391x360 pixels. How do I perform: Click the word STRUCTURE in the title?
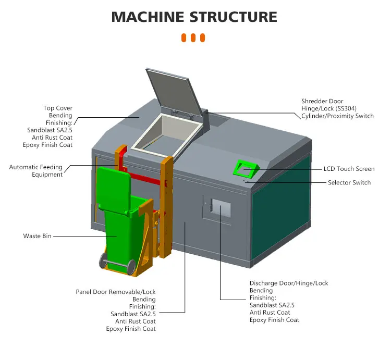(233, 17)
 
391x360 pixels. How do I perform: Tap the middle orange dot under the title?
(193, 38)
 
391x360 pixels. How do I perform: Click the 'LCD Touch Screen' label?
(349, 169)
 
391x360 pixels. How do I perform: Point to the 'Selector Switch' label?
(349, 182)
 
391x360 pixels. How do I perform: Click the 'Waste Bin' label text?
(36, 236)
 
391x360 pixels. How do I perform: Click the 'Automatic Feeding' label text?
(36, 167)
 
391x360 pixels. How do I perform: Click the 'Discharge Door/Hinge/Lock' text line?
(289, 283)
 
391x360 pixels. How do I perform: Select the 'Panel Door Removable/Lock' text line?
(116, 292)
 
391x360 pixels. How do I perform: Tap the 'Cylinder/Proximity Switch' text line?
(337, 116)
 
